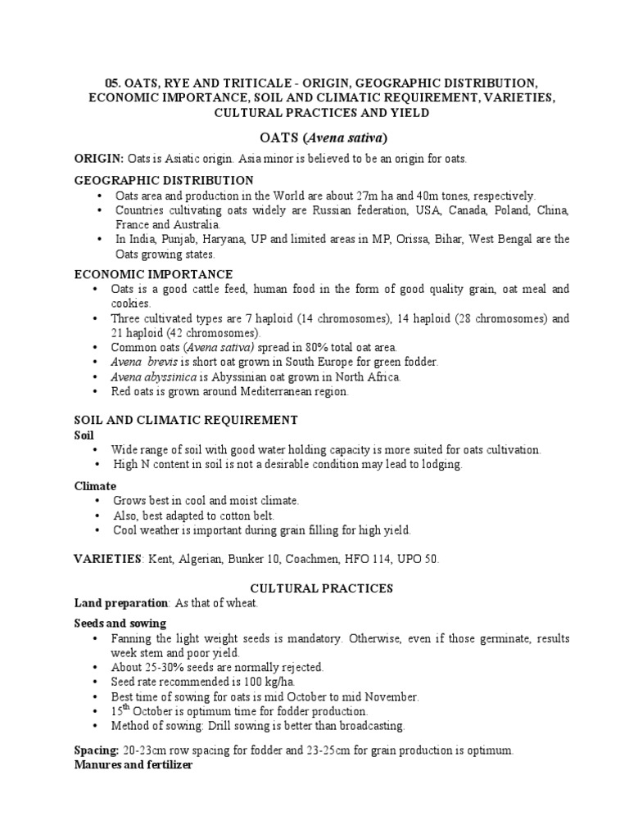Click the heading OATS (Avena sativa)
tap(314, 136)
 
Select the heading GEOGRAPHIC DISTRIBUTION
tap(164, 180)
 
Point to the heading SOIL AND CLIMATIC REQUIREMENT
tap(185, 420)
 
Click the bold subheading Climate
tap(95, 485)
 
